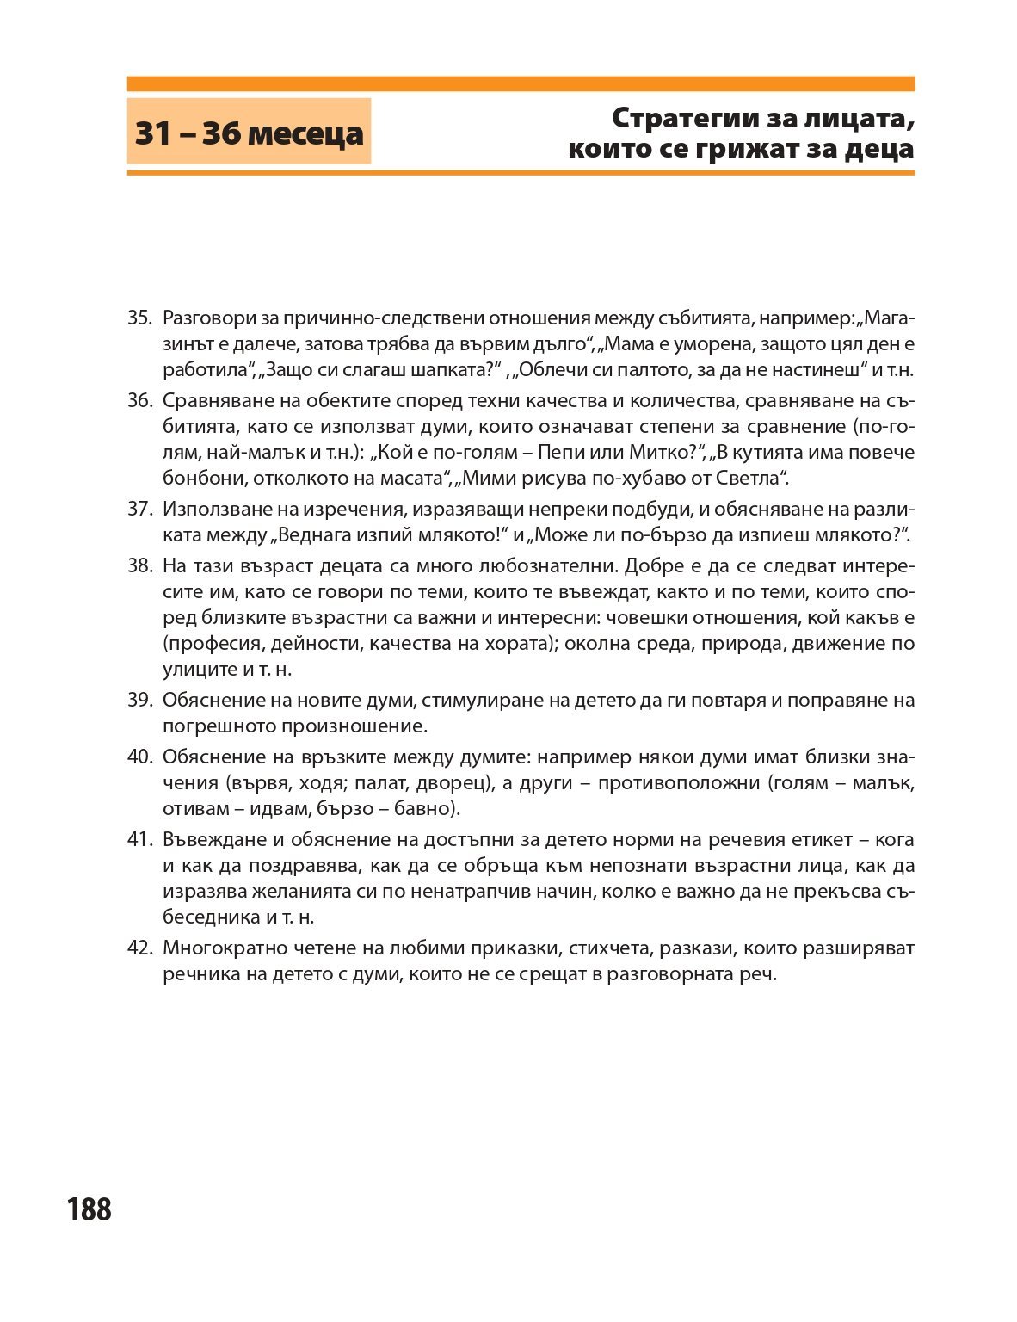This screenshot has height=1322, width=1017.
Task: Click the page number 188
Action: (89, 1209)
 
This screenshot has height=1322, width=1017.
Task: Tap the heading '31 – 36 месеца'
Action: (249, 133)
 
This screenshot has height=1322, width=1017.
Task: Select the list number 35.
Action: (139, 318)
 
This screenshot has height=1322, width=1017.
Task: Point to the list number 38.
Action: (139, 565)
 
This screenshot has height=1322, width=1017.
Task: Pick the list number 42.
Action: (139, 948)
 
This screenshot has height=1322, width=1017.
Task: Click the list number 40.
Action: (139, 757)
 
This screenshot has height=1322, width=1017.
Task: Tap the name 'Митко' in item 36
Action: (656, 452)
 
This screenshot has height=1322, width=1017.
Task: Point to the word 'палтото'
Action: (662, 370)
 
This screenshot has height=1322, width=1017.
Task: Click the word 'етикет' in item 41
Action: (820, 839)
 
